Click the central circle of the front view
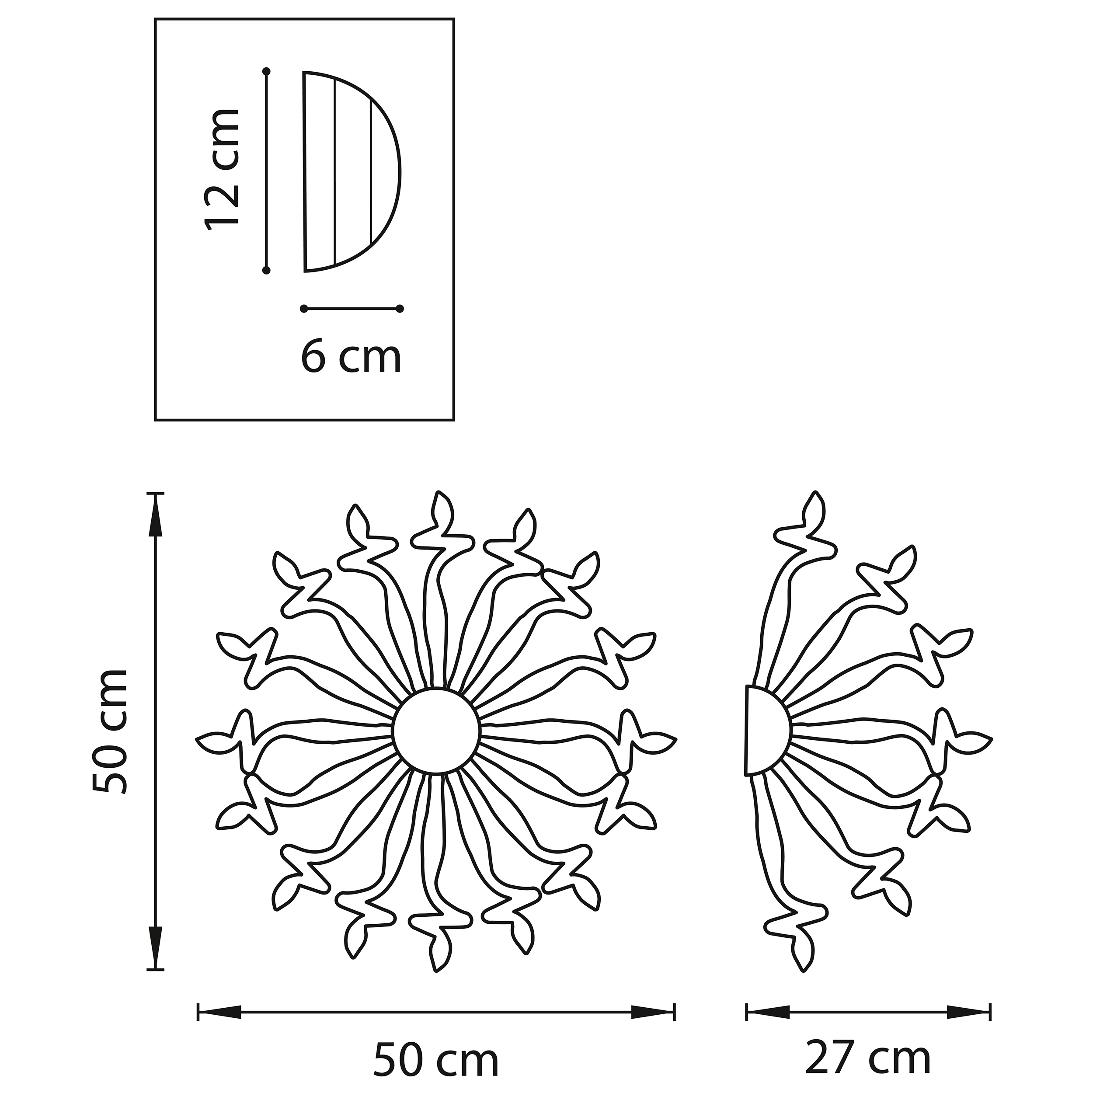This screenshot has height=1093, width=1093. [x=436, y=731]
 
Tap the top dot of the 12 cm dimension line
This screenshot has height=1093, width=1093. [x=266, y=71]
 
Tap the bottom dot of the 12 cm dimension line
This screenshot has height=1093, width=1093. [x=266, y=271]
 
